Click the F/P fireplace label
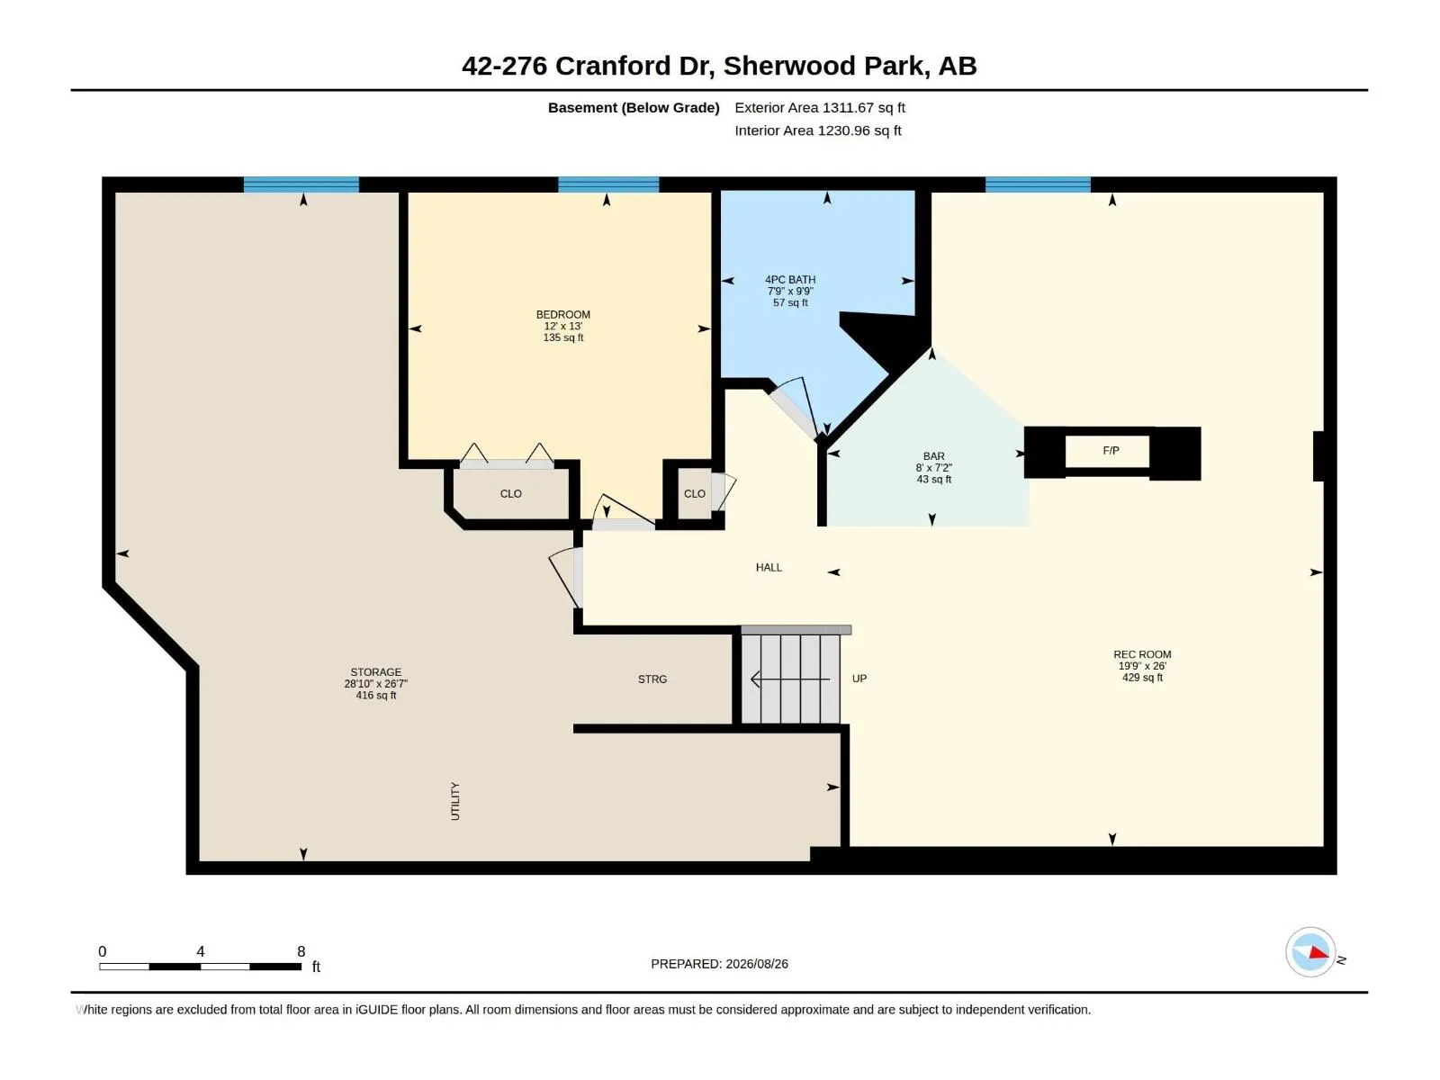(x=1110, y=451)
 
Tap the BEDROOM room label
(x=562, y=315)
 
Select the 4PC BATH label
(x=790, y=279)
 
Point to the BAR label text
(x=933, y=455)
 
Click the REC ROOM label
(x=1141, y=653)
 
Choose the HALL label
(x=769, y=567)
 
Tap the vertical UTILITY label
(x=454, y=801)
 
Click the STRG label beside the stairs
(x=652, y=679)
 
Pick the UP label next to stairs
(x=859, y=679)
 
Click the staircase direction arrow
(x=790, y=679)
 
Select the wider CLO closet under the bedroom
(x=510, y=494)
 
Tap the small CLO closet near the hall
(x=694, y=494)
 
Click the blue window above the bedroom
(x=608, y=184)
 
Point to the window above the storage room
(x=301, y=184)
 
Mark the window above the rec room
(x=1037, y=184)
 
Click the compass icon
(x=1310, y=952)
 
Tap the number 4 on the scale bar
(x=200, y=950)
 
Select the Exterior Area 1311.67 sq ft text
(x=819, y=107)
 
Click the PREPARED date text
(x=719, y=964)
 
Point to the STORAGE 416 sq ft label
(x=375, y=683)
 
